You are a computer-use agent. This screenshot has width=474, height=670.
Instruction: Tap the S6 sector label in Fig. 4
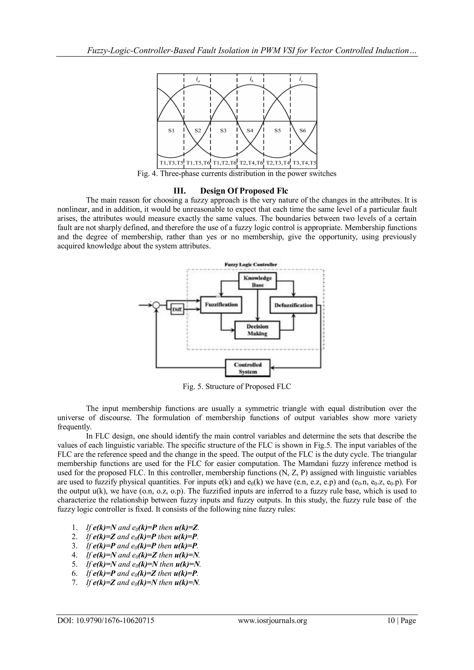tap(303, 131)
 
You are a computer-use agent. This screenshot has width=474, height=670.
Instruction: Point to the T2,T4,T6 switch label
tap(250, 163)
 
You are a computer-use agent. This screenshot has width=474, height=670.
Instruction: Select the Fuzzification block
tap(221, 305)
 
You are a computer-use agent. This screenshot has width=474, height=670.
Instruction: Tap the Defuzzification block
tap(293, 305)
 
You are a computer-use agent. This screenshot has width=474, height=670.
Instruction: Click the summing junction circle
tap(156, 305)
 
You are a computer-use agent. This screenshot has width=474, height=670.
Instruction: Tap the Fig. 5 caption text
tap(237, 387)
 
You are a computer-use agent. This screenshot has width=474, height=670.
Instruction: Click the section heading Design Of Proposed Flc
tap(244, 191)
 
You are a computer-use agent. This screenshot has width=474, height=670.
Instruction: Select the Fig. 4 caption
tap(237, 174)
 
